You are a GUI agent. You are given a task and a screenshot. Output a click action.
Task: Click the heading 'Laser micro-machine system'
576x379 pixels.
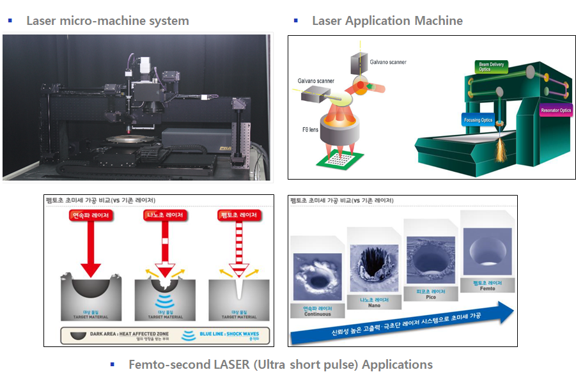pos(107,20)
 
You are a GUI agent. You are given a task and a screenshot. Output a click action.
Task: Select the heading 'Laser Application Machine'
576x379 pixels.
pos(387,20)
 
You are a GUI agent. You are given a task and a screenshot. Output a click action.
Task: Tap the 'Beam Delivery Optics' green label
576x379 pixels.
pos(485,67)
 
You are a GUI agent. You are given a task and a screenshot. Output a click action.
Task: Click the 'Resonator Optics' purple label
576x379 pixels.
pos(556,111)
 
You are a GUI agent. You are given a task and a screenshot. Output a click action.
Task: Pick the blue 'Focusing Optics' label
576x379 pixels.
pos(478,120)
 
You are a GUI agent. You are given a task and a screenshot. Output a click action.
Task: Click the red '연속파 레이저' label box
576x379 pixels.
pos(90,215)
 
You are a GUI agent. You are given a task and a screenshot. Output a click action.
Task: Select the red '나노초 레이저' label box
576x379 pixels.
pos(164,215)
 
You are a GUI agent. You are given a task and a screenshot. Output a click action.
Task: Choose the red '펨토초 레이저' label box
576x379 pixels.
pos(236,215)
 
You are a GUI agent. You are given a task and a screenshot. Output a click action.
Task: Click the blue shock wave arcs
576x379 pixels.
pos(165,300)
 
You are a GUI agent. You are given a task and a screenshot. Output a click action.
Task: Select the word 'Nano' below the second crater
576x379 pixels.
pos(371,306)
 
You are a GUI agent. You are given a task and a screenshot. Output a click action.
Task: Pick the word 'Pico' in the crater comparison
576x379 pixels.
pos(430,297)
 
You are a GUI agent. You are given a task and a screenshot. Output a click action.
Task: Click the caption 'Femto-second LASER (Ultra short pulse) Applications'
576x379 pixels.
pos(280,364)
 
